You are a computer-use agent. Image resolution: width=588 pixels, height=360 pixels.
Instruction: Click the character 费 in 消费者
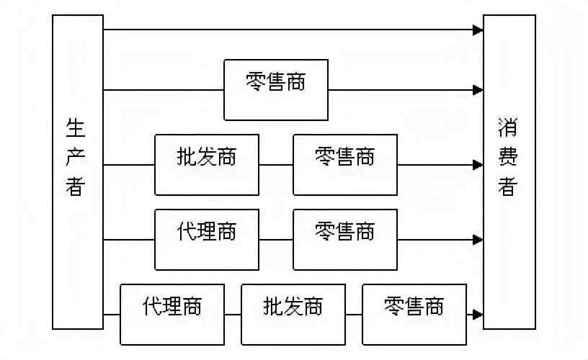pos(507,158)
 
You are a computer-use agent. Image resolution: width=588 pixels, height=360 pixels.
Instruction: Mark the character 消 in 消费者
pos(507,130)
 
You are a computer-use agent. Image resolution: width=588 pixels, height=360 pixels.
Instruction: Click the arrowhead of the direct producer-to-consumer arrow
pos(478,30)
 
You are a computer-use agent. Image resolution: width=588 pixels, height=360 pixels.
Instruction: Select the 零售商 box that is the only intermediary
pos(276,90)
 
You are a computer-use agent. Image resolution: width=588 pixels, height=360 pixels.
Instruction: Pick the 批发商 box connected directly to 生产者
pos(207,165)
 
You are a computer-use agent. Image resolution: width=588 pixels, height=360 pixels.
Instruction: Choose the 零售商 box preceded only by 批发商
pos(345,165)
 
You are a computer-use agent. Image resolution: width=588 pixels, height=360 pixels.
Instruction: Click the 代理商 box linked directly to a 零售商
pos(207,240)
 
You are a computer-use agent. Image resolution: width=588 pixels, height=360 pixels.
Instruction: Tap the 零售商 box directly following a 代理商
pos(345,240)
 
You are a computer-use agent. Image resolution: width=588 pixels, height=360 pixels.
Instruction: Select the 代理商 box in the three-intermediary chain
pos(172,315)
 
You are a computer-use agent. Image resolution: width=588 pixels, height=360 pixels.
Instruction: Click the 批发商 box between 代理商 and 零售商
pos(293,315)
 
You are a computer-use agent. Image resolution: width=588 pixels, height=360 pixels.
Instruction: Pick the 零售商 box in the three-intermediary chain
pos(414,315)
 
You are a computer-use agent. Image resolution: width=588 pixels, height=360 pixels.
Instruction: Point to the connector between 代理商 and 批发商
pos(233,315)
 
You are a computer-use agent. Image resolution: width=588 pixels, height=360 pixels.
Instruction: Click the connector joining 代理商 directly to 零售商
pos(276,240)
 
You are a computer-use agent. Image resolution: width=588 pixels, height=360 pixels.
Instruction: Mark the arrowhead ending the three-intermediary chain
pos(478,315)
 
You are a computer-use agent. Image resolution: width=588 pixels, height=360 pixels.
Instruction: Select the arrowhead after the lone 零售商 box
pos(478,90)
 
